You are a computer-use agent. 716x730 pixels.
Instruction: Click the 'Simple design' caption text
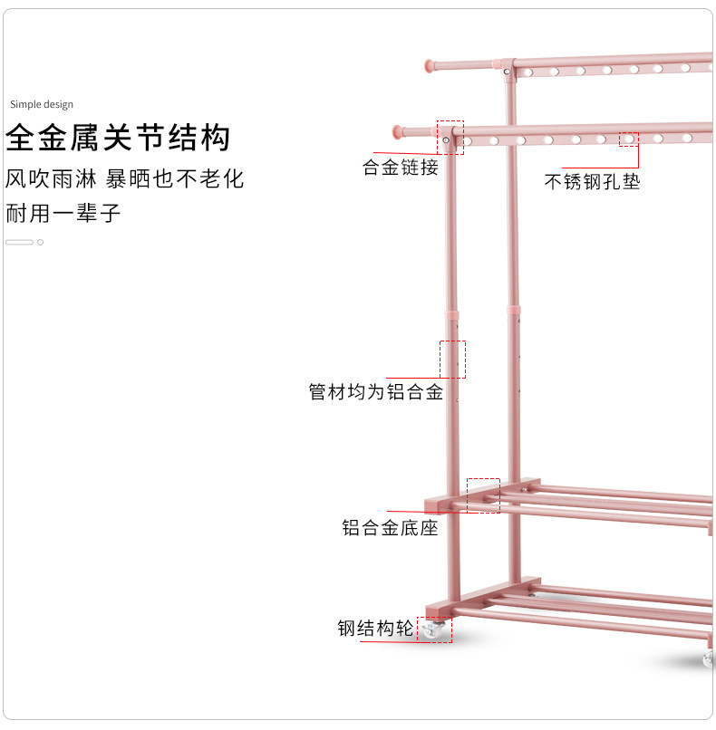tap(41, 105)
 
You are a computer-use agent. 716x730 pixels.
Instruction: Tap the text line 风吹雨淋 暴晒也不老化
tap(125, 178)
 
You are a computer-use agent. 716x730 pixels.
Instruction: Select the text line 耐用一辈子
tap(63, 215)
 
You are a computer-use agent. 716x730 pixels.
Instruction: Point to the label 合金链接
tap(401, 168)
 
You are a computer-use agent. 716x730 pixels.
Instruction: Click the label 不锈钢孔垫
tap(592, 182)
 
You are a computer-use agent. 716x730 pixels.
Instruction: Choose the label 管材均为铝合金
tap(376, 392)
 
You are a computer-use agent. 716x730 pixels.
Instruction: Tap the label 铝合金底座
tap(390, 527)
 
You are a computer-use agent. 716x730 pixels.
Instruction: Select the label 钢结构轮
tap(375, 629)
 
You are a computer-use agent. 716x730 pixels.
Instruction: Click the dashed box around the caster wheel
tap(434, 629)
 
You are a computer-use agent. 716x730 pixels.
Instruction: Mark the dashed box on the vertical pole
tap(452, 360)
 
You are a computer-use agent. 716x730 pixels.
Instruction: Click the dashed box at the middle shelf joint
tap(483, 496)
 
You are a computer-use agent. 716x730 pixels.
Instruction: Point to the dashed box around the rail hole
tap(629, 139)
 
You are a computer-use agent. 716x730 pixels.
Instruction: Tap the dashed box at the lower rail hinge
tap(450, 138)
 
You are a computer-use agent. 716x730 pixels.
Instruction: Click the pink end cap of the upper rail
tap(431, 65)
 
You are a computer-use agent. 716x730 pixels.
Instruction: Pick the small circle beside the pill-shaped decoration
tap(40, 242)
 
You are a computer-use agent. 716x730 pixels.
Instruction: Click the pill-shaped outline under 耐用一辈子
tap(19, 242)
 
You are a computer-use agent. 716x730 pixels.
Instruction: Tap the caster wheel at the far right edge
tap(709, 658)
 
